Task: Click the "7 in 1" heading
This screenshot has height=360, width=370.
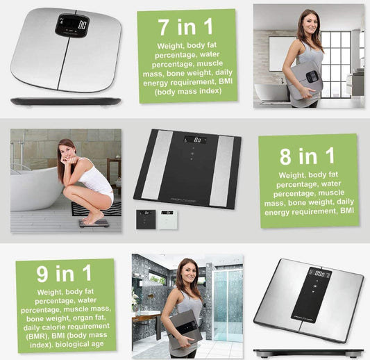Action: tap(185, 27)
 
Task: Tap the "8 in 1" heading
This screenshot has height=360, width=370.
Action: tap(308, 156)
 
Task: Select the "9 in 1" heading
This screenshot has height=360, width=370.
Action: tap(64, 273)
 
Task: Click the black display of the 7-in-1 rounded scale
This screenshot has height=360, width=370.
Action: tap(72, 25)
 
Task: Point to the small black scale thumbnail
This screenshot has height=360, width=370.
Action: tap(146, 220)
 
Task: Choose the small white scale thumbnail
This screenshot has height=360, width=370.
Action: tap(168, 220)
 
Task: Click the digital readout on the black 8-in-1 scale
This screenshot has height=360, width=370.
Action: tap(195, 140)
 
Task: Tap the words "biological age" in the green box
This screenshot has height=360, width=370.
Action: tap(80, 344)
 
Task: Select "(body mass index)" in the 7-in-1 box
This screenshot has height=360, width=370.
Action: tap(188, 92)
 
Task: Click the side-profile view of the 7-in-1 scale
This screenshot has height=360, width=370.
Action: tap(66, 101)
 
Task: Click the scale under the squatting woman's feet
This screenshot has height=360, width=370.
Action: tap(94, 223)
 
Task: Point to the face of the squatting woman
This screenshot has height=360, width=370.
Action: tap(67, 152)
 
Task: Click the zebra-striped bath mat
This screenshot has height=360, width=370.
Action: tap(96, 209)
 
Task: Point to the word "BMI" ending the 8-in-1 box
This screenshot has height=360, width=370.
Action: tap(347, 211)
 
